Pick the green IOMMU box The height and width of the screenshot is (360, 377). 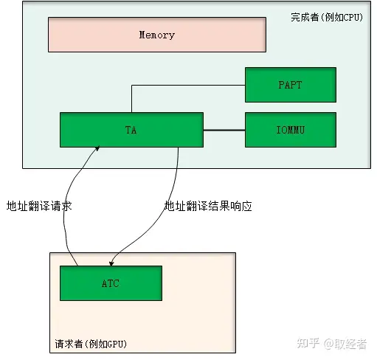tap(290, 130)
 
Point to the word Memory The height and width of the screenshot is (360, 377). tap(156, 35)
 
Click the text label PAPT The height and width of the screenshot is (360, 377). tap(290, 85)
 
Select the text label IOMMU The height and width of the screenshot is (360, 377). tap(290, 130)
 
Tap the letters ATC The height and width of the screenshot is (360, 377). tap(110, 283)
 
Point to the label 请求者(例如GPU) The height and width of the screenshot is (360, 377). tap(92, 344)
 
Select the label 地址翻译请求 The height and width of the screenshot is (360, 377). tap(38, 207)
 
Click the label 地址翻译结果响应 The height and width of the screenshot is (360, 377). tap(208, 207)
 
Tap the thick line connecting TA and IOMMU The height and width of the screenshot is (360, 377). tap(224, 130)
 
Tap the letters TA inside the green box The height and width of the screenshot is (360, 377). tap(131, 130)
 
